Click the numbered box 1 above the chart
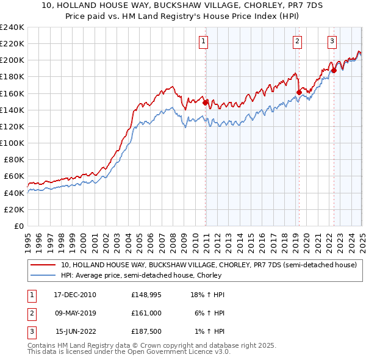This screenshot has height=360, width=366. click(x=203, y=41)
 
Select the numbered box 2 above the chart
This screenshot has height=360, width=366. click(x=297, y=41)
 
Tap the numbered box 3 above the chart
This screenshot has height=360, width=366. click(x=332, y=41)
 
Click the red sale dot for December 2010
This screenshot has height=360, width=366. click(x=206, y=103)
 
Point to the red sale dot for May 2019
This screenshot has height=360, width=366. click(x=299, y=93)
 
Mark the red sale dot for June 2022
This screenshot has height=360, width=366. click(x=334, y=71)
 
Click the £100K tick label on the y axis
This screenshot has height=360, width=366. click(x=13, y=143)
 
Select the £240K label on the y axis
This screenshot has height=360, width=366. click(x=13, y=27)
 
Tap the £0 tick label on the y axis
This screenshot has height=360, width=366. click(x=20, y=226)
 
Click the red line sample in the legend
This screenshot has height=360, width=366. click(x=43, y=265)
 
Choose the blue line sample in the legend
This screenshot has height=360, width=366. click(x=43, y=275)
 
